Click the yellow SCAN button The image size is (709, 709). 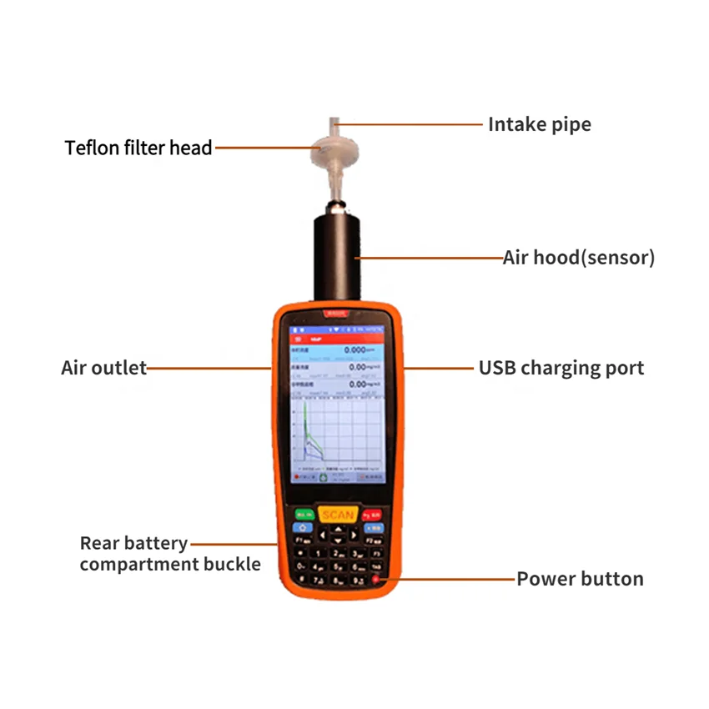338,515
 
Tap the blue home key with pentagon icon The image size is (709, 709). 300,527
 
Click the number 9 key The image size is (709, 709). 358,578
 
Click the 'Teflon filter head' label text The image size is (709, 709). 138,148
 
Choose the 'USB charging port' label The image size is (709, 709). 561,368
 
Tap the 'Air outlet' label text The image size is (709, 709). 103,368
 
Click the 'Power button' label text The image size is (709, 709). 580,579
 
